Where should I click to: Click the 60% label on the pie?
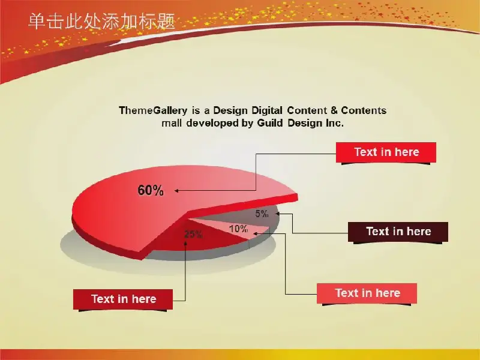tap(151, 190)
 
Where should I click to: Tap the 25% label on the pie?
tap(193, 234)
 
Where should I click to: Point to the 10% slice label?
tap(238, 229)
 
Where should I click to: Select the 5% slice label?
tap(262, 214)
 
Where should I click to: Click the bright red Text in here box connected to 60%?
tap(386, 152)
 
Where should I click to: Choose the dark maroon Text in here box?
tap(398, 232)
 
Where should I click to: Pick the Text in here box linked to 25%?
tap(123, 299)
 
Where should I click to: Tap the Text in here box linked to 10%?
tap(367, 293)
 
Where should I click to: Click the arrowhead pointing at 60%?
tap(176, 191)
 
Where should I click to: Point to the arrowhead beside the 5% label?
tap(277, 214)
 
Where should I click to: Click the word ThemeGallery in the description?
tap(153, 110)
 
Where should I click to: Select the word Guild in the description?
tap(269, 123)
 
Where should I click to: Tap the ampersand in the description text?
tap(334, 110)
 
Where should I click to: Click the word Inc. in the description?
tap(335, 123)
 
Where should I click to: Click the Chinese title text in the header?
tap(101, 22)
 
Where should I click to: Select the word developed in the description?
tap(212, 123)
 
